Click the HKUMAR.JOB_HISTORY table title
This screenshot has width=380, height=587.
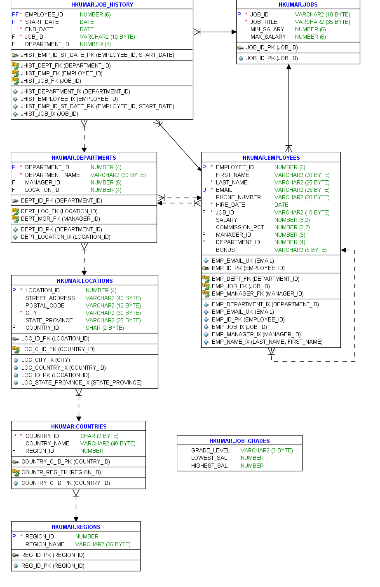tap(102, 5)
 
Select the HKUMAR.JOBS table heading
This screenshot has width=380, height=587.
tap(298, 5)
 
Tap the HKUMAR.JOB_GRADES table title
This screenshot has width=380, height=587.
tap(239, 441)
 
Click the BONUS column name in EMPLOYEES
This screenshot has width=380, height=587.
tap(225, 250)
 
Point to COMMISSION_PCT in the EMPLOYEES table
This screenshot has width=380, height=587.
tap(239, 227)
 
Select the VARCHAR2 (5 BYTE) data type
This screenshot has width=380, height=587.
tap(300, 250)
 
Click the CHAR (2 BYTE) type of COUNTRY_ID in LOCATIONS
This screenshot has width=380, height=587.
tap(105, 328)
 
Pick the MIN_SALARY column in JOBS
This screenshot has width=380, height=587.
tap(267, 29)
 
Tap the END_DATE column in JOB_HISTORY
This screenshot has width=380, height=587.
tap(39, 29)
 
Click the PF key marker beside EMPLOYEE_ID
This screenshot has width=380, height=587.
tap(15, 14)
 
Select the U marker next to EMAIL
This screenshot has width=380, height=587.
tap(204, 190)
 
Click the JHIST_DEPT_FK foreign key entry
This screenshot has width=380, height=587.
tap(66, 65)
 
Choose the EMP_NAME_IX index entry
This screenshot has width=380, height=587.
tap(267, 342)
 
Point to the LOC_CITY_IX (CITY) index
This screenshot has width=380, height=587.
tap(45, 360)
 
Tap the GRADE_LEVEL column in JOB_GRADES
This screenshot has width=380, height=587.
tap(211, 450)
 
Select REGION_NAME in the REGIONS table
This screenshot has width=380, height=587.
tap(45, 544)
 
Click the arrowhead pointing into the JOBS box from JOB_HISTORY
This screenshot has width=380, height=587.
tap(234, 32)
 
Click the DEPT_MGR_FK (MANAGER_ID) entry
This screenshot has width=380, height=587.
tap(60, 219)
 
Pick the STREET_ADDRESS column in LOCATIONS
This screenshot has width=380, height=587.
tap(50, 298)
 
